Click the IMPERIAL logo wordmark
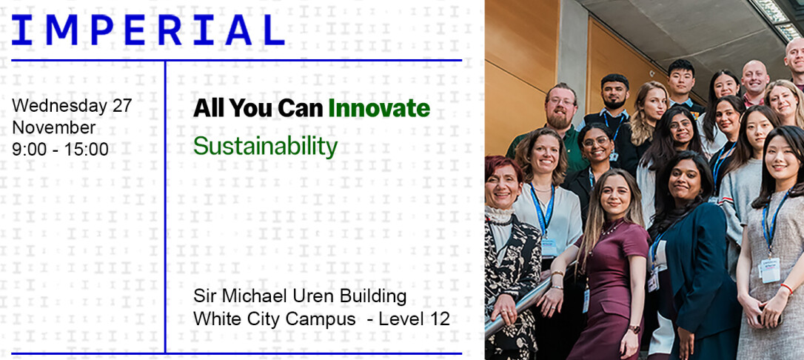[x=147, y=30]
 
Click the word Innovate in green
[x=378, y=108]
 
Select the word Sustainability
[x=265, y=146]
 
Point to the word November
[x=54, y=127]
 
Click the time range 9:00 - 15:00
[x=61, y=149]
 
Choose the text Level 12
[x=414, y=319]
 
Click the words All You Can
[x=258, y=108]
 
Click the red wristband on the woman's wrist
[x=786, y=289]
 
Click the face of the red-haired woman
[x=503, y=187]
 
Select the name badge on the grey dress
[x=770, y=270]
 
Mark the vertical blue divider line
[x=165, y=207]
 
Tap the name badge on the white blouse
[x=549, y=248]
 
